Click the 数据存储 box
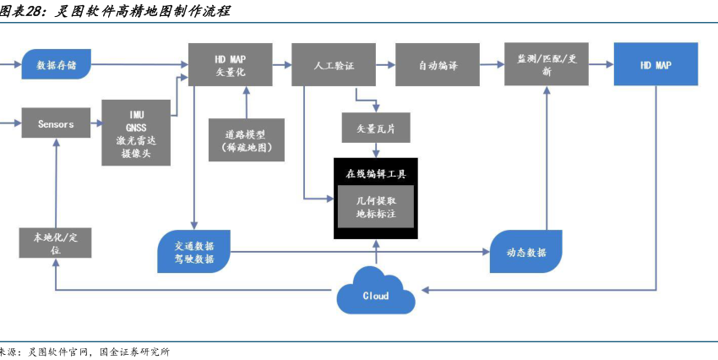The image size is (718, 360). pos(56,64)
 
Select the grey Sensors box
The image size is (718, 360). pos(55,123)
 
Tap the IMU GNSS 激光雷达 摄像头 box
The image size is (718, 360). pos(137,133)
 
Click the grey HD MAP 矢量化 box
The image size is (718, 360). pos(230,63)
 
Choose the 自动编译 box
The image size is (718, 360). pos(438,64)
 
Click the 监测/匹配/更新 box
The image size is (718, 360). pos(546,64)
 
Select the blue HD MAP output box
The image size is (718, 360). pos(655,64)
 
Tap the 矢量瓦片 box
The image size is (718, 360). pos(375,128)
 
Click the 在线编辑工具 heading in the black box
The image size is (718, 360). pos(375,175)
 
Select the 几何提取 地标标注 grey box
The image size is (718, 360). pos(375,208)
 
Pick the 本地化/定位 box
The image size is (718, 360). pos(55,243)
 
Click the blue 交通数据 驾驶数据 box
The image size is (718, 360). pos(194,252)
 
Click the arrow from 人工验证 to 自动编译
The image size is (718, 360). pos(380,64)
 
